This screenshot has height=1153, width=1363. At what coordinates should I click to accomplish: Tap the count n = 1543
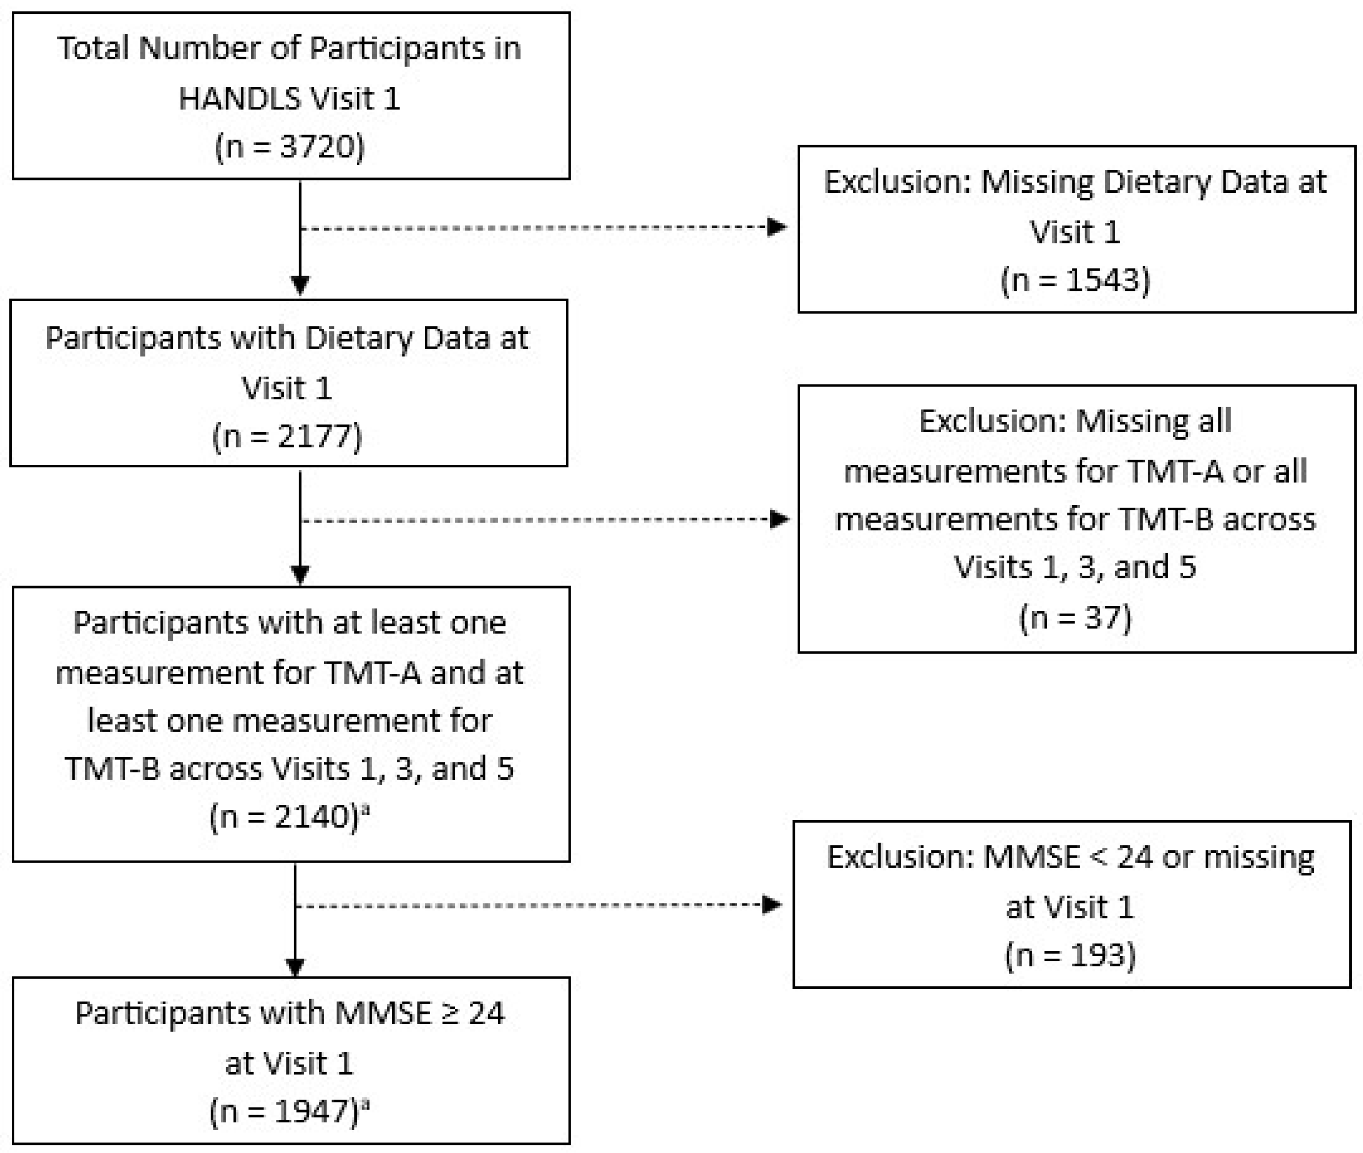tap(1075, 280)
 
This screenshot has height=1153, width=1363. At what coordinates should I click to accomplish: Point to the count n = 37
tap(1075, 617)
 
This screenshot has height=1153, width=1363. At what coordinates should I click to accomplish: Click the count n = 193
tap(1070, 955)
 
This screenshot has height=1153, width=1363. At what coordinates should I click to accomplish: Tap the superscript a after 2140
tap(365, 810)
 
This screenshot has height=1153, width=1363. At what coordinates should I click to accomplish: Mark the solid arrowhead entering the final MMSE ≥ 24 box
tap(296, 965)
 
